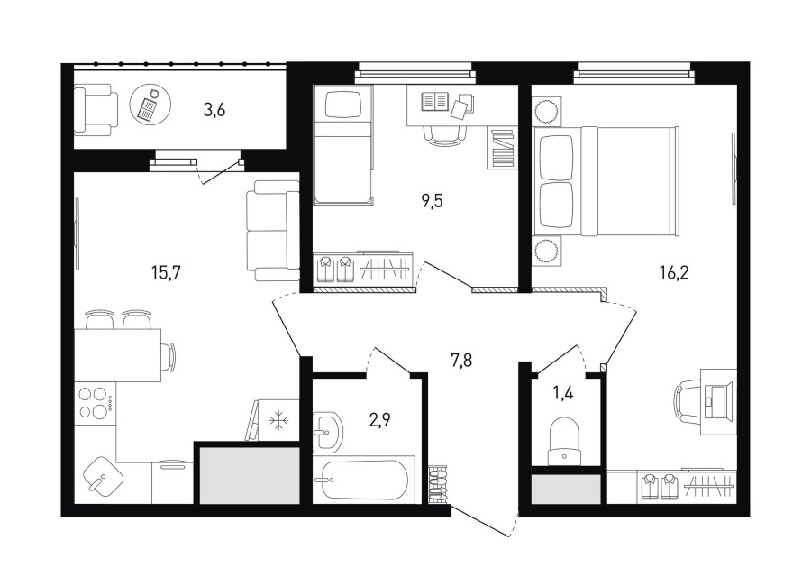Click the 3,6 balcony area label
214,110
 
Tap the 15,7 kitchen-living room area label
166,272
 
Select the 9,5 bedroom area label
432,201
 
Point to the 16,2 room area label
674,272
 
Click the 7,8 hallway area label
461,361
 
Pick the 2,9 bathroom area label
379,419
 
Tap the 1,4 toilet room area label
563,393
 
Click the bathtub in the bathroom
364,480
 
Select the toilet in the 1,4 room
564,441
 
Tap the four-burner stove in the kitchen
96,403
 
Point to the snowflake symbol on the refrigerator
280,420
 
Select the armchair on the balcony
96,110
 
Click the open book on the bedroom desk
434,101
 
